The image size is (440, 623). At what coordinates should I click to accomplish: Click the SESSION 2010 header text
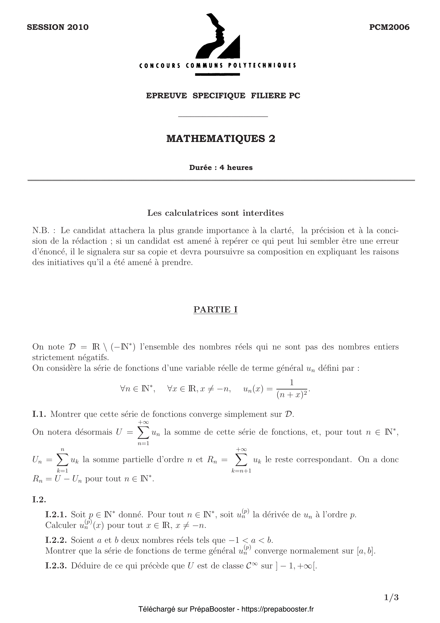[58, 27]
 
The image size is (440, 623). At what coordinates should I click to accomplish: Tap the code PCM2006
[389, 27]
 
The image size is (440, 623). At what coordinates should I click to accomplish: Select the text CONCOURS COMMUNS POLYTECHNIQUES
[218, 66]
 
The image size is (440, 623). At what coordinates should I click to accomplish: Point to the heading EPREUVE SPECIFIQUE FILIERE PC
[223, 96]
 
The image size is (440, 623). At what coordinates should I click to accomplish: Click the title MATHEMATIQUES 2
[221, 139]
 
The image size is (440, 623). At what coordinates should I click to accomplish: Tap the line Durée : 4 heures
[221, 168]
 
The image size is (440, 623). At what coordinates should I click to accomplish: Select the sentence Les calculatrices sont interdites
[215, 213]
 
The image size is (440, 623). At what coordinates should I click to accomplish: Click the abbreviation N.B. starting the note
[41, 231]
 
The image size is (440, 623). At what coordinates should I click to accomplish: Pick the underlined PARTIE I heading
[215, 310]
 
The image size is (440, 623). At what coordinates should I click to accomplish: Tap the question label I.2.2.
[56, 540]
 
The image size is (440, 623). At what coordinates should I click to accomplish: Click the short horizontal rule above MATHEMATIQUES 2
[223, 117]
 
